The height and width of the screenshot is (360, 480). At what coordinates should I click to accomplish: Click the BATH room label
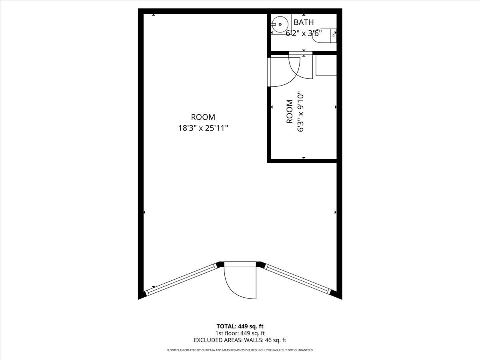click(x=304, y=22)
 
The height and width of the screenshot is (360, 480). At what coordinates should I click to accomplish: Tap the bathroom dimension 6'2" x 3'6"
click(x=304, y=34)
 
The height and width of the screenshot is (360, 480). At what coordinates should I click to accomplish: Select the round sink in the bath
click(x=280, y=24)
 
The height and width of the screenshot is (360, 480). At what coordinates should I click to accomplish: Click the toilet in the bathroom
click(x=324, y=36)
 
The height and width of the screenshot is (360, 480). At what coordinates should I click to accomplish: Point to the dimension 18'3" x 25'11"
click(x=203, y=128)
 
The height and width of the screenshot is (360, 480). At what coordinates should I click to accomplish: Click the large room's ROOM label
click(x=203, y=117)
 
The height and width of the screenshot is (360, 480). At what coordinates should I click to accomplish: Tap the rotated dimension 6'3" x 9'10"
click(x=300, y=112)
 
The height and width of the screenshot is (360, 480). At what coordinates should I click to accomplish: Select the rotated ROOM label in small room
click(x=290, y=112)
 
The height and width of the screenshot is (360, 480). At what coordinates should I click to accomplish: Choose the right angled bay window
click(x=298, y=279)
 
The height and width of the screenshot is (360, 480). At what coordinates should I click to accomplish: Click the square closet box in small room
click(x=326, y=65)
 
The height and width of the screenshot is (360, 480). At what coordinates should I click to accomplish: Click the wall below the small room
click(x=302, y=161)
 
